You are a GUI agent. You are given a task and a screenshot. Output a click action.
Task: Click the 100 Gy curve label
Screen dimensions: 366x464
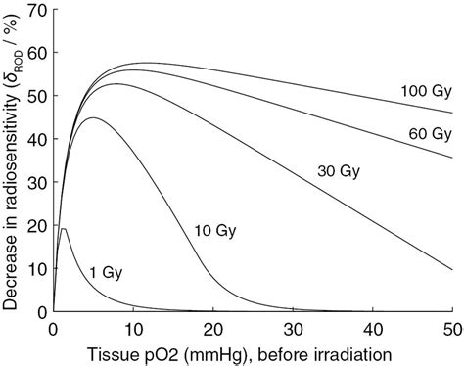click(425, 91)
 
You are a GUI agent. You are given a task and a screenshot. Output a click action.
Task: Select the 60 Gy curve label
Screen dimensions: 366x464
click(428, 132)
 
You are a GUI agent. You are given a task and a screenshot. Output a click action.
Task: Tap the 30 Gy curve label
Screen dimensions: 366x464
click(340, 171)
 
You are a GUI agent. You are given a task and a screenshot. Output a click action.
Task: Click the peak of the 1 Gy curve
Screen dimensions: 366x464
click(64, 228)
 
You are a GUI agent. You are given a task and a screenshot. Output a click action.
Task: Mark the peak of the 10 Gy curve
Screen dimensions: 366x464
click(94, 118)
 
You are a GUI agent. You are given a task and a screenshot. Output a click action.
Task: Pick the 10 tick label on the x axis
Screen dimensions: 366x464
click(133, 326)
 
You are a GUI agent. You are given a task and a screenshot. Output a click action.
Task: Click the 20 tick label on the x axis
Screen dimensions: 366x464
click(213, 326)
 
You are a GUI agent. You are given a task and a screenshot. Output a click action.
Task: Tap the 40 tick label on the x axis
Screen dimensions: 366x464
click(374, 326)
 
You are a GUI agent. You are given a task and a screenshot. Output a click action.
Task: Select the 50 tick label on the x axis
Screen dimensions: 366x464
click(453, 326)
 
